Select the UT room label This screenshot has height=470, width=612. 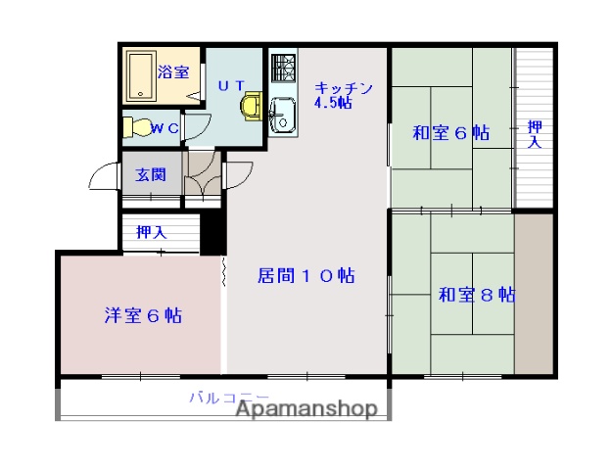[231, 85]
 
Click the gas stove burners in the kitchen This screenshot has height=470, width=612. [283, 70]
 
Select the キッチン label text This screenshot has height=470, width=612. [344, 88]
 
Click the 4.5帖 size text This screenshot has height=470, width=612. [333, 103]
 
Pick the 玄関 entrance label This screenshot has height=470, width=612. [150, 175]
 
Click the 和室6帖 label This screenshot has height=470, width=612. [450, 133]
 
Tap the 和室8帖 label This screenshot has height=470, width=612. [477, 294]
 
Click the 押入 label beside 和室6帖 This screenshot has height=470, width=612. [534, 134]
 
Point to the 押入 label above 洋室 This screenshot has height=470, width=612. [151, 232]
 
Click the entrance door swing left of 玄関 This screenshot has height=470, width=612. [101, 176]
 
